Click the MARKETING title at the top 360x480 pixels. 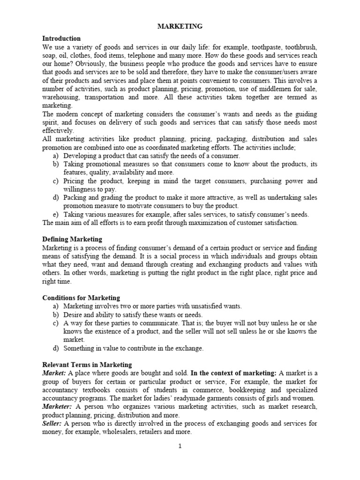tap(180, 27)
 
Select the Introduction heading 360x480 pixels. tap(61, 38)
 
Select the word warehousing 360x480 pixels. tap(60, 97)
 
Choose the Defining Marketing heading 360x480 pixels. tap(72, 239)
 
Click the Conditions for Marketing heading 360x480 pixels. tap(81, 298)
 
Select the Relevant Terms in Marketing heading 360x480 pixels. tap(87, 365)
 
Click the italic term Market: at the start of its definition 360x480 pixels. tap(54, 373)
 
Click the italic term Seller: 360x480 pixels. tap(52, 423)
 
